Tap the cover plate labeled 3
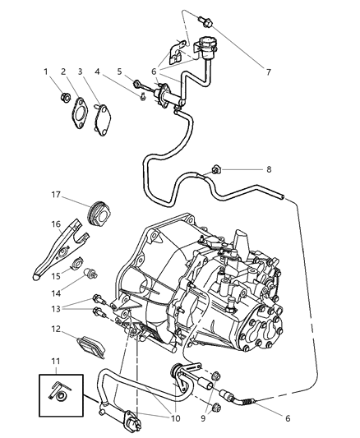click(x=106, y=115)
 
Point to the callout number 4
click(x=98, y=72)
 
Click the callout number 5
click(x=120, y=72)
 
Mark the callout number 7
click(x=268, y=72)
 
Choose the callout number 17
click(x=56, y=196)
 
